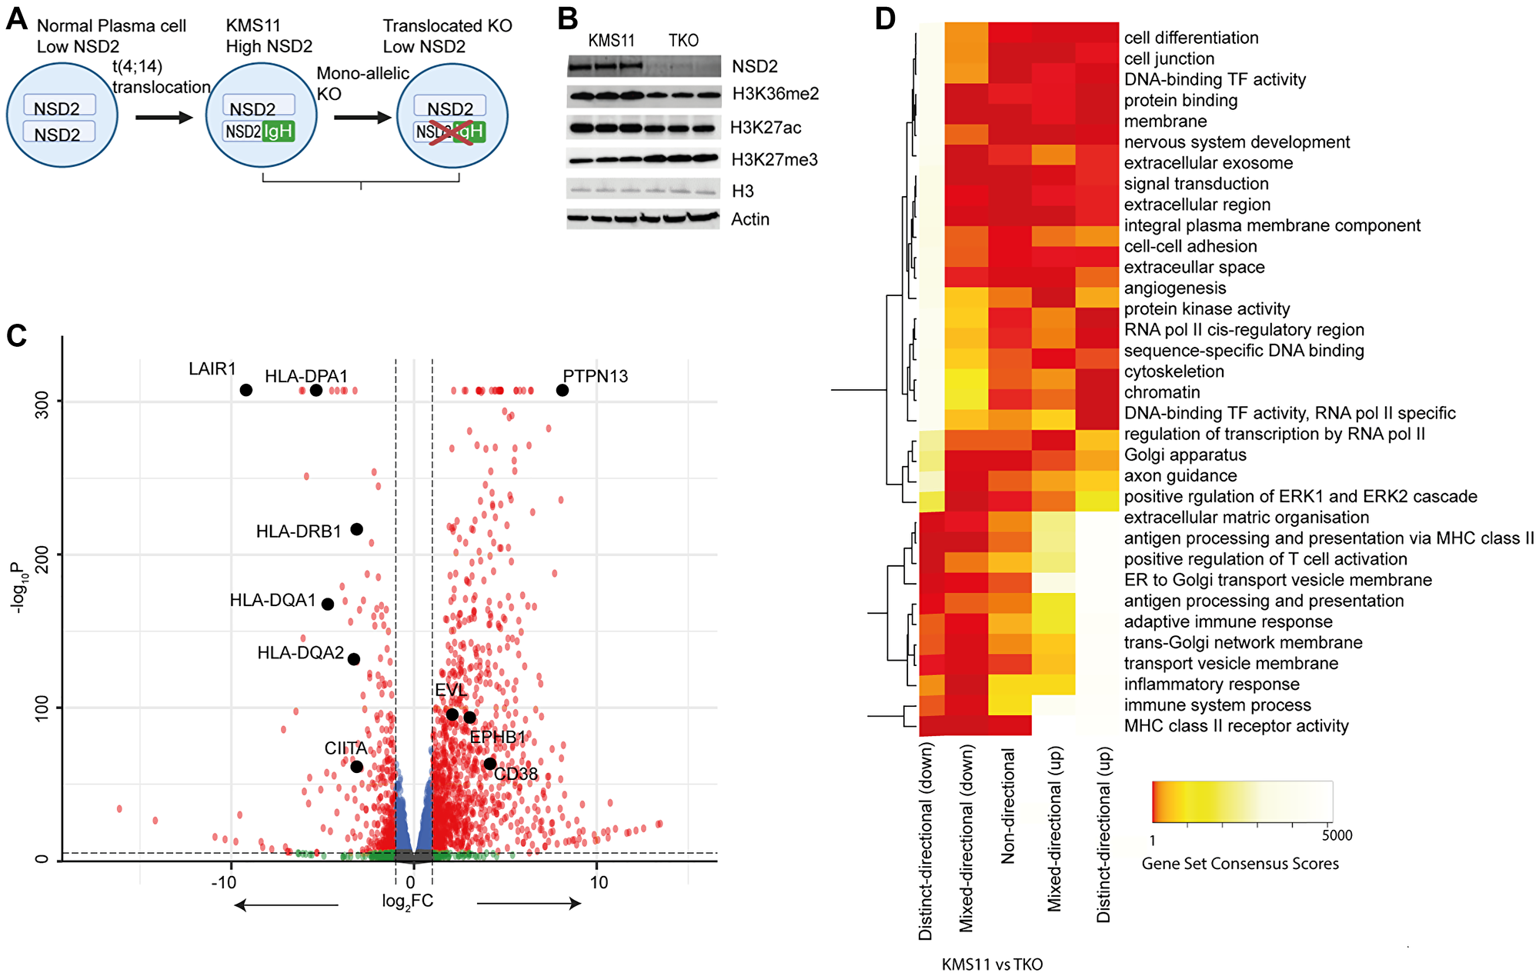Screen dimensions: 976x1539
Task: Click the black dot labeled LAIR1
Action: (x=246, y=390)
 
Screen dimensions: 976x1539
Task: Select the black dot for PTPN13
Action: (x=563, y=390)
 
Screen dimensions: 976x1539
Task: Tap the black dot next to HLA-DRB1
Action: (x=356, y=529)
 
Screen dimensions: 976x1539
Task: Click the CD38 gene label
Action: (x=516, y=774)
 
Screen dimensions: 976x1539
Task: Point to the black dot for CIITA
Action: (x=356, y=766)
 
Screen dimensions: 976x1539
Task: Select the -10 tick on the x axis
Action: (x=224, y=883)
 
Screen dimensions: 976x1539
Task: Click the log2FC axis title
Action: (x=408, y=901)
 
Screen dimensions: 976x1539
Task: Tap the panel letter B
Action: (x=568, y=18)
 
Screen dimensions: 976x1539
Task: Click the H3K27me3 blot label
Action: (x=774, y=160)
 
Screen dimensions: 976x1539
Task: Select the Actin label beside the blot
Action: (x=750, y=219)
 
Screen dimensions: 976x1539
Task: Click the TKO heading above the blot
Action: (x=683, y=41)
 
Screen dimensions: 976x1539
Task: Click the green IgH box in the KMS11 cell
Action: (x=278, y=132)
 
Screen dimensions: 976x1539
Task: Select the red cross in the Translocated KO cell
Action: (x=451, y=132)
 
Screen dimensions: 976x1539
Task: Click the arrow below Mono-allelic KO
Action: (x=362, y=118)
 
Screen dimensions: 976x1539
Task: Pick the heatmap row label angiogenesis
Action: (x=1175, y=288)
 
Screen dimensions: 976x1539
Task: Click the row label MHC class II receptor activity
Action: (x=1236, y=726)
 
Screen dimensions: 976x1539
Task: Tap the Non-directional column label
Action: (x=1008, y=806)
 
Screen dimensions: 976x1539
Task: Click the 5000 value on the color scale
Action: (x=1337, y=835)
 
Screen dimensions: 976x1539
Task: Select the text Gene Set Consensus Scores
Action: (x=1240, y=864)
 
